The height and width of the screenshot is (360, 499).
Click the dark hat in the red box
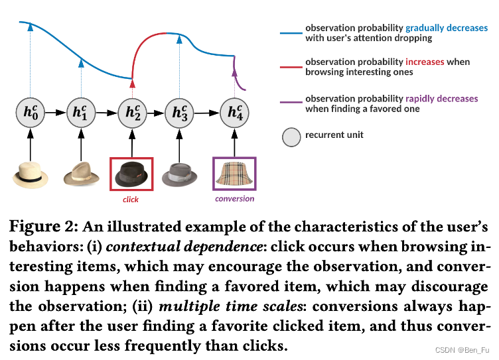132,174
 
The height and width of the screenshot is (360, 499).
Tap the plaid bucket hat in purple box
234,174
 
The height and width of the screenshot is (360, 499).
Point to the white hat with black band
31,175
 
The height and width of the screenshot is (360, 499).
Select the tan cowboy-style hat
81,175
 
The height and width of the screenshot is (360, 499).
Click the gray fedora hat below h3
180,175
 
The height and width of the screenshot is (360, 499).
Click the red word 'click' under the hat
131,199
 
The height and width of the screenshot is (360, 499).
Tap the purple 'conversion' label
234,198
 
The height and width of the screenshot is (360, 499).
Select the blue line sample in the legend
291,32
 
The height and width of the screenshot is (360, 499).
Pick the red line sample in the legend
291,66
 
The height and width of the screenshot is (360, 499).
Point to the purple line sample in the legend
291,103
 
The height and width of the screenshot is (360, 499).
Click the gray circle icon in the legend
291,137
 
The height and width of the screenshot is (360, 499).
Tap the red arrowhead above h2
132,84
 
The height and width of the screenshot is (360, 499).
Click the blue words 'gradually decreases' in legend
447,29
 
